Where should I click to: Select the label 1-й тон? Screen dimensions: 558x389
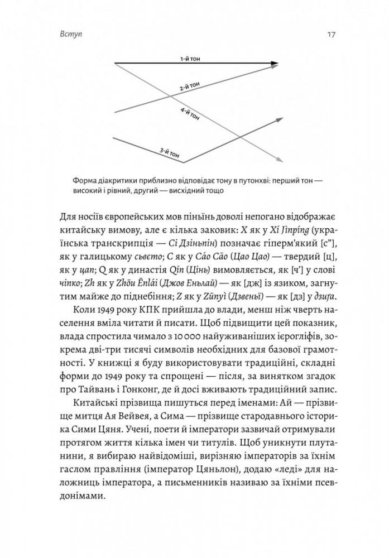pyautogui.click(x=189, y=59)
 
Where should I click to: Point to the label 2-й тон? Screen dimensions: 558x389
pyautogui.click(x=189, y=88)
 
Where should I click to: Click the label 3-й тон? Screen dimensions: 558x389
pyautogui.click(x=168, y=152)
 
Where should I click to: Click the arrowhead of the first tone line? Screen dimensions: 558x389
pyautogui.click(x=274, y=63)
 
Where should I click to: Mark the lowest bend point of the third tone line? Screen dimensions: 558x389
pyautogui.click(x=184, y=162)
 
